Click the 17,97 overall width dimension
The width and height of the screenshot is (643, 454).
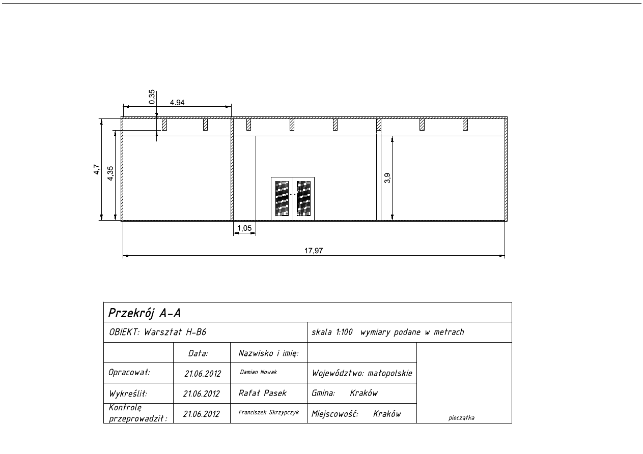(314, 251)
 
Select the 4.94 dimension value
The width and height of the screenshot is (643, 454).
(177, 103)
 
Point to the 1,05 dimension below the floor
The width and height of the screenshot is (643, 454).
(244, 228)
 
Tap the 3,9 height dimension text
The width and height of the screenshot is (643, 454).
(387, 178)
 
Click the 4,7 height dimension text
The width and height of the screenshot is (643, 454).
(97, 169)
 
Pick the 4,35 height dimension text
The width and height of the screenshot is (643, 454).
(110, 173)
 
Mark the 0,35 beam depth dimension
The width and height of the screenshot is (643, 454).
(152, 97)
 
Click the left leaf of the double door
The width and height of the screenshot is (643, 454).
(282, 199)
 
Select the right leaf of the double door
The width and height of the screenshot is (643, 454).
(304, 199)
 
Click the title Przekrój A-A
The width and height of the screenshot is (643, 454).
(145, 313)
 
